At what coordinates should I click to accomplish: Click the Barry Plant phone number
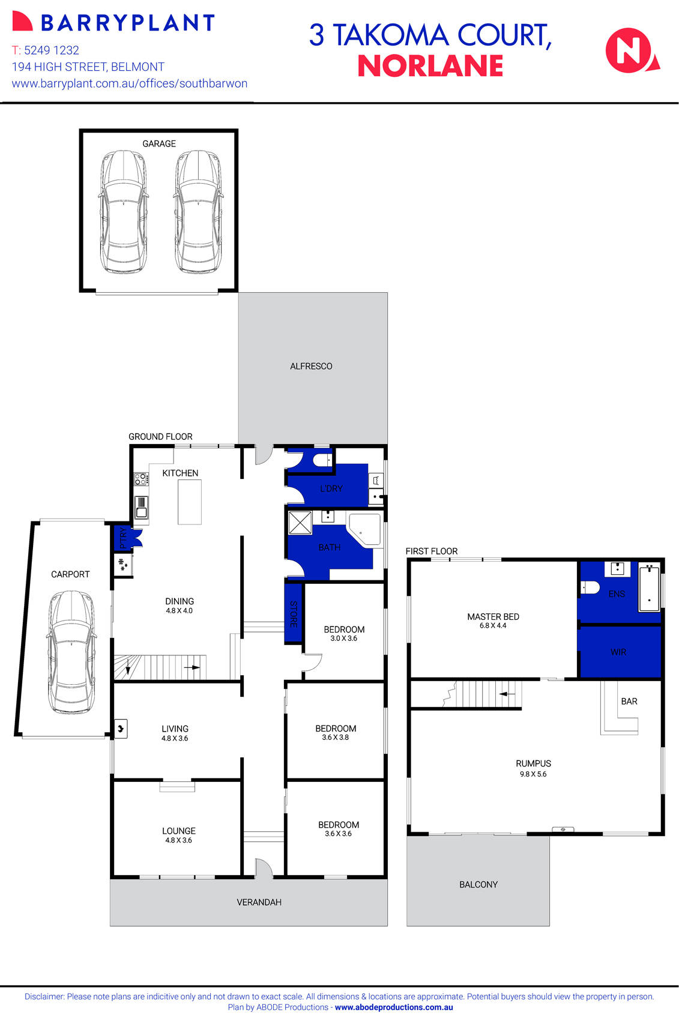(46, 50)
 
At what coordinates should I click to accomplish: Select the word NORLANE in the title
(430, 67)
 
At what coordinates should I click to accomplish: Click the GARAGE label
(159, 144)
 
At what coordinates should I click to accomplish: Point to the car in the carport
(71, 651)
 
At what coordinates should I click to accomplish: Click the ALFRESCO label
(311, 366)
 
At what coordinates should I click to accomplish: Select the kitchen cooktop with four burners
(141, 479)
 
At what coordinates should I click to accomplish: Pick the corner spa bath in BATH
(366, 529)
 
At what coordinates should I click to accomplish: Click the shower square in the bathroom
(300, 522)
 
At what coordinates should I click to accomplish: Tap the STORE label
(294, 614)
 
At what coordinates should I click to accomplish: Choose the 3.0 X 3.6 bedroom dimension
(344, 639)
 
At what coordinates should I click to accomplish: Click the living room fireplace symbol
(121, 729)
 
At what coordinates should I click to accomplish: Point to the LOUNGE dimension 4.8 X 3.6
(179, 840)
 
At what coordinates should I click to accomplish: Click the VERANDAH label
(259, 902)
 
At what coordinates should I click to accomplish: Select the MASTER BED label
(493, 616)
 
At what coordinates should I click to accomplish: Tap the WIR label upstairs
(618, 652)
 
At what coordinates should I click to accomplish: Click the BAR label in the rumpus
(629, 701)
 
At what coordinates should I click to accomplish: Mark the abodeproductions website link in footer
(394, 1008)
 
